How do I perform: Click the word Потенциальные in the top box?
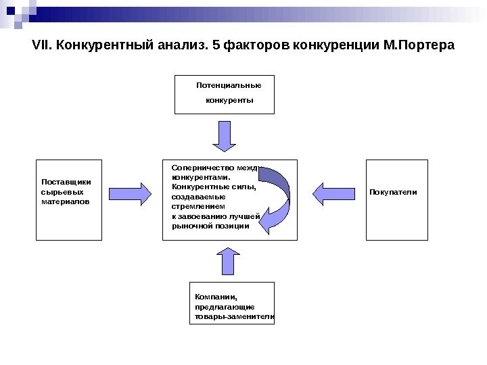pos(228,86)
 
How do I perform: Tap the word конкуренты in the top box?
pos(229,100)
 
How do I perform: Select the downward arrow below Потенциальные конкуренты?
pos(225,135)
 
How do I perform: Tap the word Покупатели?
pos(393,193)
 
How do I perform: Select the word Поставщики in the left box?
pos(66,182)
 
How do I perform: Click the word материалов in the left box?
pos(64,201)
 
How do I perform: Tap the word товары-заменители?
pos(234,316)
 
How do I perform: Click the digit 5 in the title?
pos(216,46)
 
